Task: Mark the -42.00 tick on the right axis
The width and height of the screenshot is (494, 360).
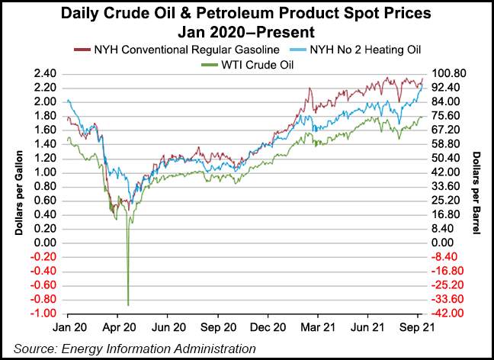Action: (x=447, y=313)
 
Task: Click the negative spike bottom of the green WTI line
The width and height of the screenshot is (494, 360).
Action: (x=128, y=304)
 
